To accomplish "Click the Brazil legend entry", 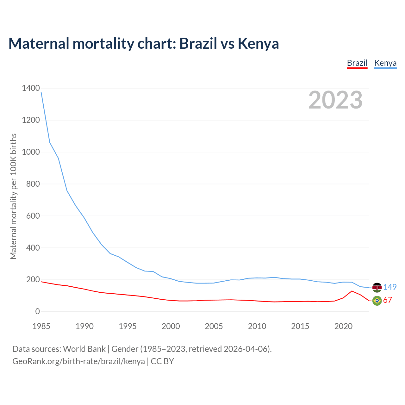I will tap(357, 63).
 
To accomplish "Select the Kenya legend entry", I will tap(385, 63).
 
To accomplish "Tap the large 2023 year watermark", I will tap(335, 100).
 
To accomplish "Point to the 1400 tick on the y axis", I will tap(31, 88).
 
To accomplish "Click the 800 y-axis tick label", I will tap(31, 184).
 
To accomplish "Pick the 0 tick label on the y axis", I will tap(38, 311).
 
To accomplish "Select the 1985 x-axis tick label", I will tap(41, 326).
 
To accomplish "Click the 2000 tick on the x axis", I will tap(171, 326).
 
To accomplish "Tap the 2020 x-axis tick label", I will tap(343, 326).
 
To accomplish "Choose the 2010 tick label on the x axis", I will tap(257, 326).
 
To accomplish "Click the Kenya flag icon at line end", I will tap(377, 287).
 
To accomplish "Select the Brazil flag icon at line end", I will tap(377, 301).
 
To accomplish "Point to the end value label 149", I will tap(390, 287).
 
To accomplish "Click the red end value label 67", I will tap(388, 300).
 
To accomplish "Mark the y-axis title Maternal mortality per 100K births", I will tap(13, 196).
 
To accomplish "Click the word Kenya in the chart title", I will tap(258, 43).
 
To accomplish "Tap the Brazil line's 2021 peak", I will tap(352, 291).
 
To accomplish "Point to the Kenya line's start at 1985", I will tap(41, 92).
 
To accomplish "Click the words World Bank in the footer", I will tap(84, 349).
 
